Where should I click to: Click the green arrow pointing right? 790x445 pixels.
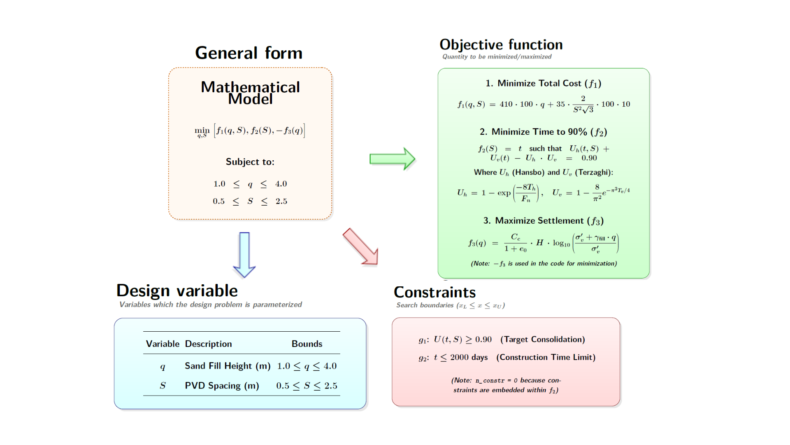[x=392, y=159]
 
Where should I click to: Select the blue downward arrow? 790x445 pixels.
[x=244, y=255]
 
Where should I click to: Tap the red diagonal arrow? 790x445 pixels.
[x=360, y=246]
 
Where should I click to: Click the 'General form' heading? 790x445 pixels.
[x=249, y=53]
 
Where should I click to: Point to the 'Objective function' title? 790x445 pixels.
[x=501, y=44]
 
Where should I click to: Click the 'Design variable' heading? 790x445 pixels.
[x=177, y=290]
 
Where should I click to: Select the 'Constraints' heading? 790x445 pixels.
[x=434, y=292]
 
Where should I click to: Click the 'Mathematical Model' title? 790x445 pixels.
[x=250, y=93]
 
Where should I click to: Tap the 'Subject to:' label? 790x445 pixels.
[x=250, y=162]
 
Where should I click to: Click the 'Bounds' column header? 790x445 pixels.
[x=307, y=344]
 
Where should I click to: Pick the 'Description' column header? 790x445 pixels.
[x=208, y=344]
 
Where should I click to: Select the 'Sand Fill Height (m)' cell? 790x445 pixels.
[x=228, y=366]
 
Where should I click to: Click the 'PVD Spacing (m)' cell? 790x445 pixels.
[x=222, y=386]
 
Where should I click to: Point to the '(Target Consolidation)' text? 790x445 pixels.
[x=543, y=339]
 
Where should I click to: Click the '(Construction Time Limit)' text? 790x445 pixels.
[x=546, y=357]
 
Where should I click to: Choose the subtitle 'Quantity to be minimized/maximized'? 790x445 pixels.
[x=497, y=56]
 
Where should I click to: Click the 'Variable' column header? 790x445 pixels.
[x=163, y=344]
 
